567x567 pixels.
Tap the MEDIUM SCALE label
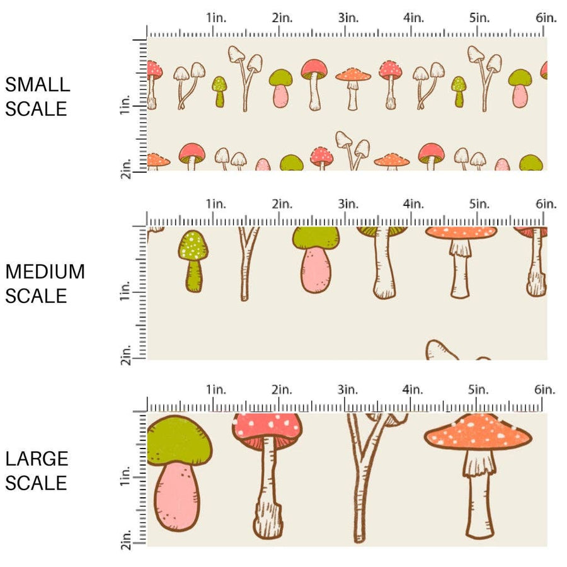tap(45, 283)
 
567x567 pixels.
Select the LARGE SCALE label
tap(37, 471)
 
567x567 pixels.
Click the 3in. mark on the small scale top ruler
tap(347, 18)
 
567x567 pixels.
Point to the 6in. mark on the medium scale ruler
tap(546, 203)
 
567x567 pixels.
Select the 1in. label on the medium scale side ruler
tap(124, 290)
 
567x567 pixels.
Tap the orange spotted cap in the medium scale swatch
tap(461, 232)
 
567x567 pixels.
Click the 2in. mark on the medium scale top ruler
tap(282, 203)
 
